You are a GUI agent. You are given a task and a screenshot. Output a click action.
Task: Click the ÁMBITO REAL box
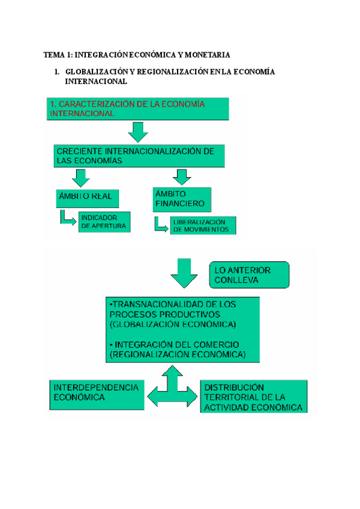(x=85, y=197)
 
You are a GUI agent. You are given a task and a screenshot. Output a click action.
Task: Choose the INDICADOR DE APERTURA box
(x=104, y=222)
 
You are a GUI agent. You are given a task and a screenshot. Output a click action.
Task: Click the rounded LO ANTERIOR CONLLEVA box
(x=249, y=275)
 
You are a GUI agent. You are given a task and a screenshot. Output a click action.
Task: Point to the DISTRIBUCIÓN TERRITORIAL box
(x=254, y=397)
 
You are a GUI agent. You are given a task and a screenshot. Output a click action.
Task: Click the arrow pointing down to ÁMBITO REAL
(x=80, y=177)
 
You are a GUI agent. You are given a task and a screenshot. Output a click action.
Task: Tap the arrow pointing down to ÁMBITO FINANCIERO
(x=181, y=176)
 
